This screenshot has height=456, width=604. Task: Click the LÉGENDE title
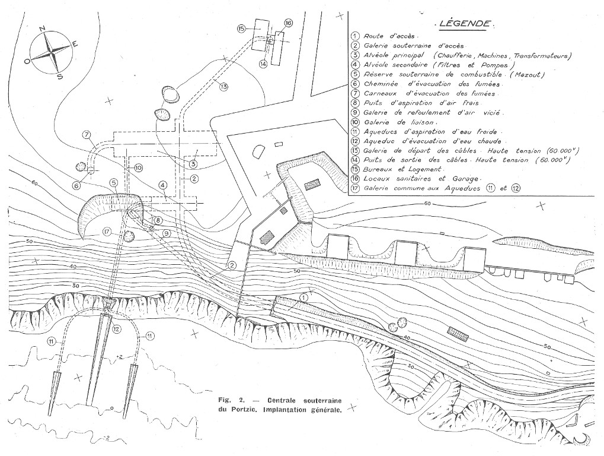pyautogui.click(x=465, y=24)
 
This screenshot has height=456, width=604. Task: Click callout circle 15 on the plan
pyautogui.click(x=241, y=28)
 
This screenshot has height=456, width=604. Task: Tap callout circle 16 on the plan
pyautogui.click(x=289, y=23)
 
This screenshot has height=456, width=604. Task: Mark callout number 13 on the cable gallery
pyautogui.click(x=223, y=87)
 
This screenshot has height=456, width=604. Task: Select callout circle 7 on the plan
pyautogui.click(x=87, y=134)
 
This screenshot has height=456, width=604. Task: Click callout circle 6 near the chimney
pyautogui.click(x=76, y=185)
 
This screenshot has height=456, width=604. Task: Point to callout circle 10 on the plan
pyautogui.click(x=138, y=168)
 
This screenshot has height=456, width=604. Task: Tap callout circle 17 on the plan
pyautogui.click(x=107, y=232)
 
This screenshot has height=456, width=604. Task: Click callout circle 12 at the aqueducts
pyautogui.click(x=117, y=328)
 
